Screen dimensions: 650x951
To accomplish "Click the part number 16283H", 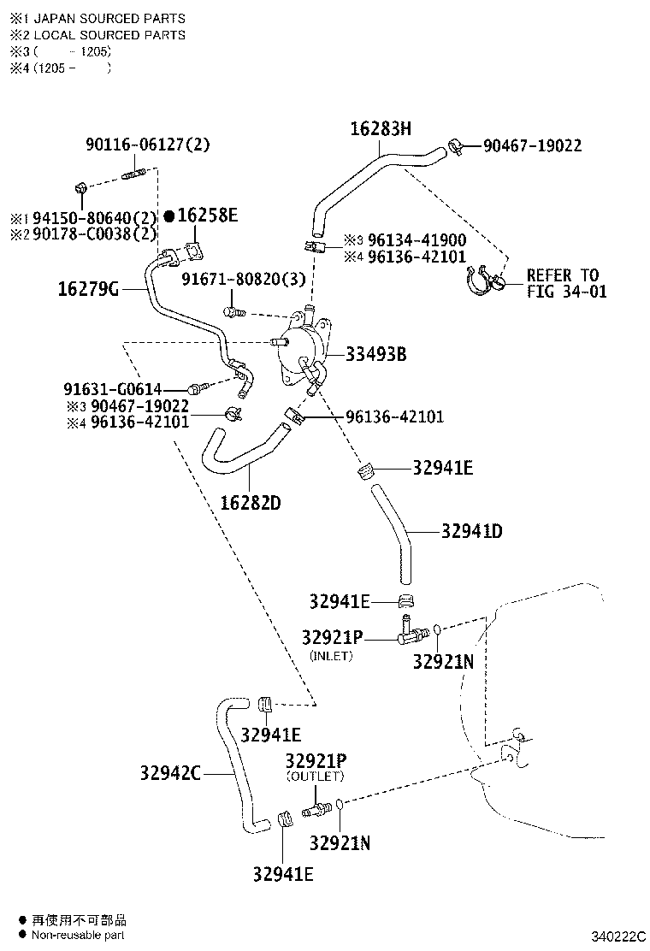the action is [381, 128].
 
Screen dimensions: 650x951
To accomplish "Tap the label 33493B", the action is [376, 354].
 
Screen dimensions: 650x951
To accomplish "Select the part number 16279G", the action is [89, 289].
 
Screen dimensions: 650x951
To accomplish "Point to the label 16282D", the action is [251, 503].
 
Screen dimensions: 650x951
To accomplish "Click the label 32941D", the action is [472, 531].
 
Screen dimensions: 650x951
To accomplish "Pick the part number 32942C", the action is [170, 773].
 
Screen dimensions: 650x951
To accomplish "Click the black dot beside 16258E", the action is [169, 216].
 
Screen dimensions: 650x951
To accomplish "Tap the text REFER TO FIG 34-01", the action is [566, 283].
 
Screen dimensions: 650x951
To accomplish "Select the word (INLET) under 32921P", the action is [331, 656].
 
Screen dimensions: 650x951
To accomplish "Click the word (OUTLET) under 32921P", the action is [316, 777].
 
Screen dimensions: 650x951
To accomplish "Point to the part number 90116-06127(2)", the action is [148, 145].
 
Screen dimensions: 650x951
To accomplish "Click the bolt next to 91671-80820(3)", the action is [234, 312].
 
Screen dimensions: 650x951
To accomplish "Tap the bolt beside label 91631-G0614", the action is [198, 387].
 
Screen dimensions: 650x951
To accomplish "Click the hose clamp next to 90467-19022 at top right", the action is [457, 146].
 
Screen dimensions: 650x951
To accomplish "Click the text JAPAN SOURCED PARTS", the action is [109, 19].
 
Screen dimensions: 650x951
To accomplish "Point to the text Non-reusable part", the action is [78, 936].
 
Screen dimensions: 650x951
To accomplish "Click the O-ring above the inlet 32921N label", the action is [437, 630].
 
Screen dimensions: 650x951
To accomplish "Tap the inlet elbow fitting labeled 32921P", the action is [412, 631].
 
